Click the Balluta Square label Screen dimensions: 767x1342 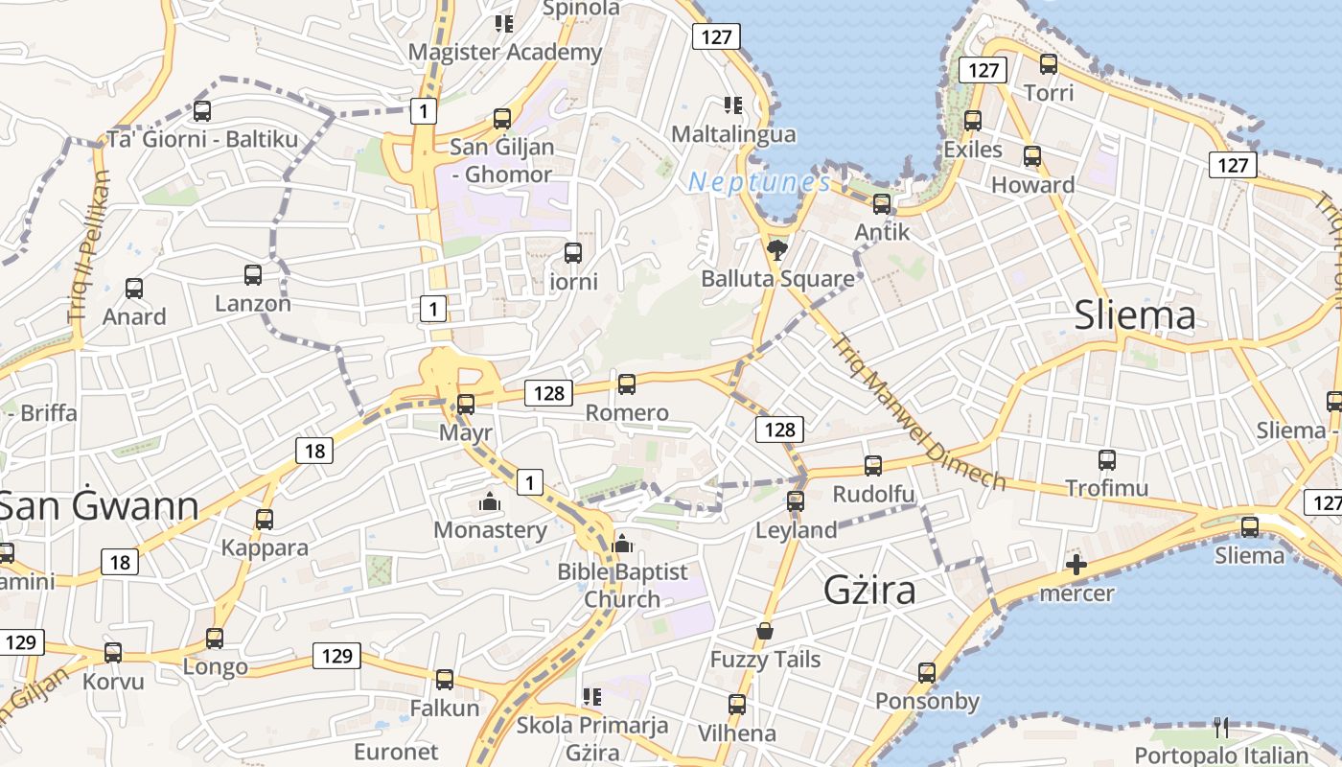[x=777, y=279]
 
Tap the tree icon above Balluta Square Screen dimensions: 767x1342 [x=777, y=251]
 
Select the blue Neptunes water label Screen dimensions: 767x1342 [x=759, y=181]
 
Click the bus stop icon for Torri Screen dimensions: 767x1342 [x=1049, y=64]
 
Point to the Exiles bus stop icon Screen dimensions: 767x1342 [x=973, y=121]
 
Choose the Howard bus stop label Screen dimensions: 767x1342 [x=1032, y=185]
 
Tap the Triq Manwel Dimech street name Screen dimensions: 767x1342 [x=917, y=411]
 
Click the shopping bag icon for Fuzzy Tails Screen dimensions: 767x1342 [x=764, y=631]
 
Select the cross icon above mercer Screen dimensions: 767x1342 [x=1076, y=565]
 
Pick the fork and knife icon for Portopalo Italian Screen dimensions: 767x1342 [x=1220, y=728]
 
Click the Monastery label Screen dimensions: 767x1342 [x=490, y=530]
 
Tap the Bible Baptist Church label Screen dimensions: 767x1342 [x=622, y=585]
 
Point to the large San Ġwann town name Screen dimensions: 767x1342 [x=99, y=505]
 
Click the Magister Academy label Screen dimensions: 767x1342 [x=504, y=52]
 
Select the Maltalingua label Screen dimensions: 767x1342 [x=733, y=134]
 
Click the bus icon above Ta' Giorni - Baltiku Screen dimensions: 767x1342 [x=202, y=111]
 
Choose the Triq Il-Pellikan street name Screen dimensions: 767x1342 [x=90, y=247]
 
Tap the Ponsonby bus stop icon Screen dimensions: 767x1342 [x=926, y=673]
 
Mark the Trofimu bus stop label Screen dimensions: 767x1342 [x=1107, y=488]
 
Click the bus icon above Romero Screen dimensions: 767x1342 [x=627, y=384]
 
